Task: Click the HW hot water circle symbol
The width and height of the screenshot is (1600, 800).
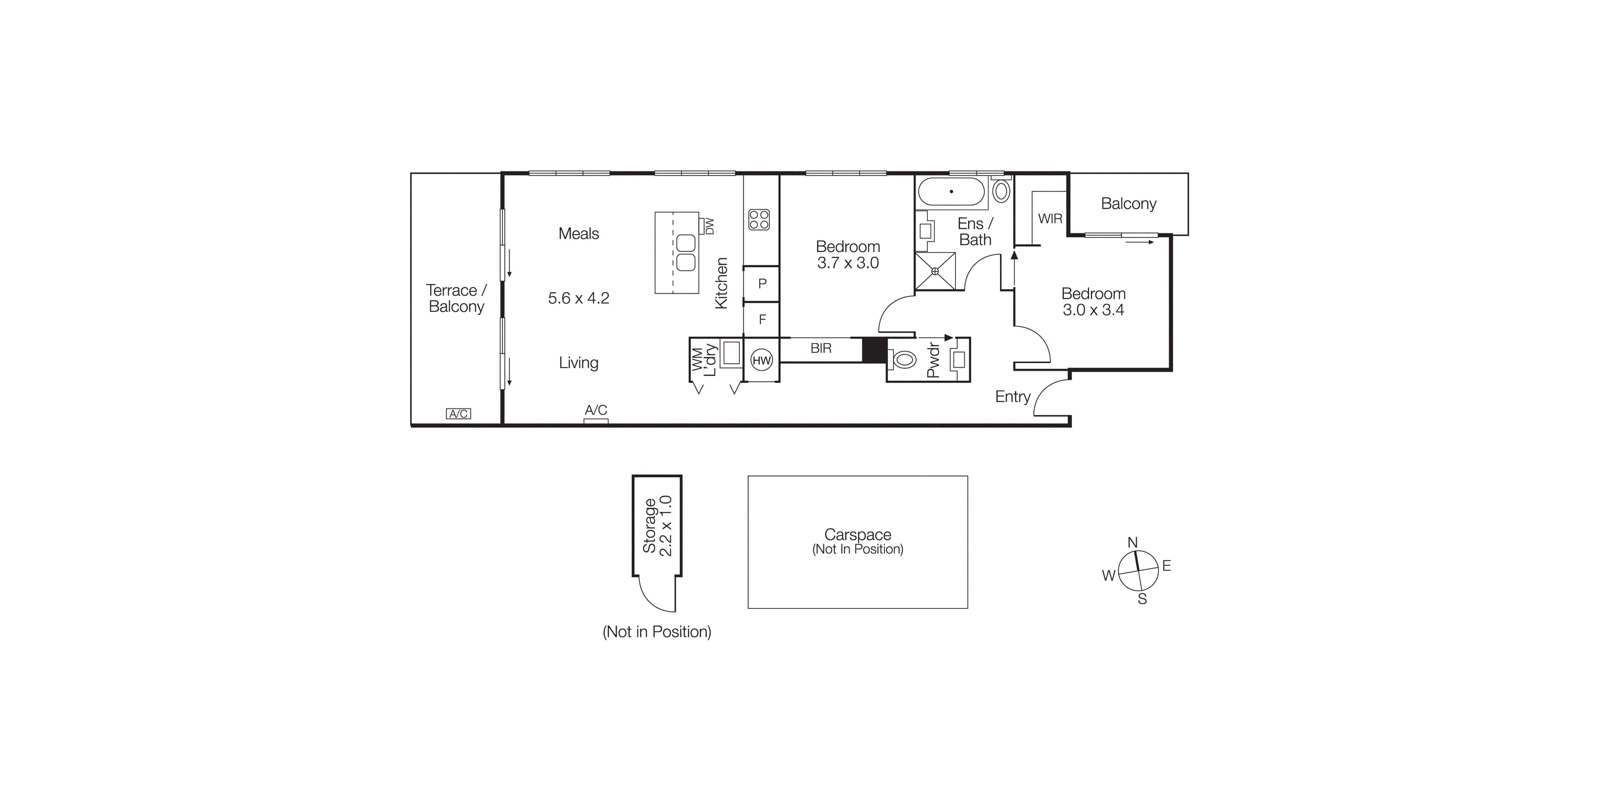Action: (761, 360)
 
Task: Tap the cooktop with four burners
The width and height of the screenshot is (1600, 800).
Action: (759, 219)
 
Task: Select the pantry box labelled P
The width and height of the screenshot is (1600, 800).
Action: (762, 284)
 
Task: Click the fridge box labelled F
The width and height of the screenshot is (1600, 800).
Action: (762, 320)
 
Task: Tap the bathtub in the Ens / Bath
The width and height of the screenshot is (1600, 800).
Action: (951, 192)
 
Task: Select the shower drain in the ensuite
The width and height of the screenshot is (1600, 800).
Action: (935, 271)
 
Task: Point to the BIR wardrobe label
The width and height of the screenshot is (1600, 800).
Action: (821, 348)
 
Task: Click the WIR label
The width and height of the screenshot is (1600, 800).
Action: (1050, 218)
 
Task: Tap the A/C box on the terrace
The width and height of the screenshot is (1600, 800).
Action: (458, 414)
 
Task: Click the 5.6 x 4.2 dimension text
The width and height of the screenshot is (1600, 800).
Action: (578, 298)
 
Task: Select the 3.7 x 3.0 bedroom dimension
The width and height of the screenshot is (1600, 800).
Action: (848, 263)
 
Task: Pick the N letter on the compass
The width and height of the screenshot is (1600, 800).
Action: (1132, 542)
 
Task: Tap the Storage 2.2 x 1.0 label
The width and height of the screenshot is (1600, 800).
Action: (657, 526)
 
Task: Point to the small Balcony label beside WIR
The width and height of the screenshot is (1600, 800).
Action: (1128, 204)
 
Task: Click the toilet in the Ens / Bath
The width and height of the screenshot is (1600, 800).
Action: (1000, 191)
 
